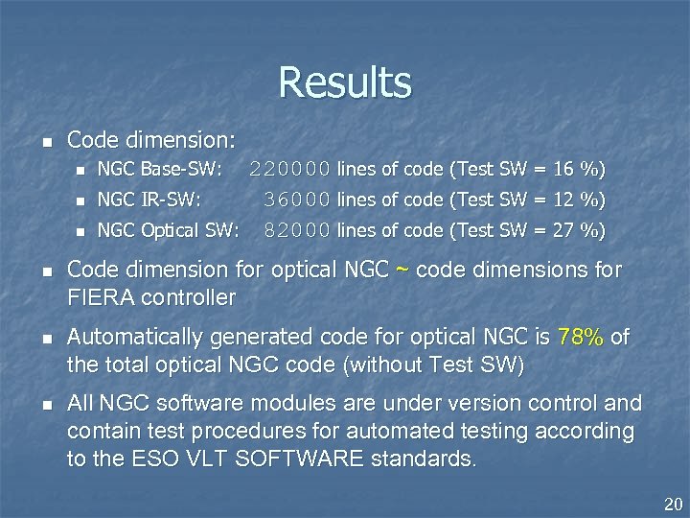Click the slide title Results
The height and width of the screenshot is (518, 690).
pyautogui.click(x=345, y=82)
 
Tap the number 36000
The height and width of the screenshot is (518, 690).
pyautogui.click(x=298, y=200)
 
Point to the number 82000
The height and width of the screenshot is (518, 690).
pyautogui.click(x=298, y=230)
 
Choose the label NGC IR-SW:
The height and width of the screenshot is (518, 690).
pyautogui.click(x=149, y=200)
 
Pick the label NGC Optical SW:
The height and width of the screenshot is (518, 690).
pyautogui.click(x=169, y=230)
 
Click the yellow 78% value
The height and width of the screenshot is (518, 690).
pyautogui.click(x=579, y=338)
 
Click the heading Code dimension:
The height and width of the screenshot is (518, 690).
pyautogui.click(x=151, y=140)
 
